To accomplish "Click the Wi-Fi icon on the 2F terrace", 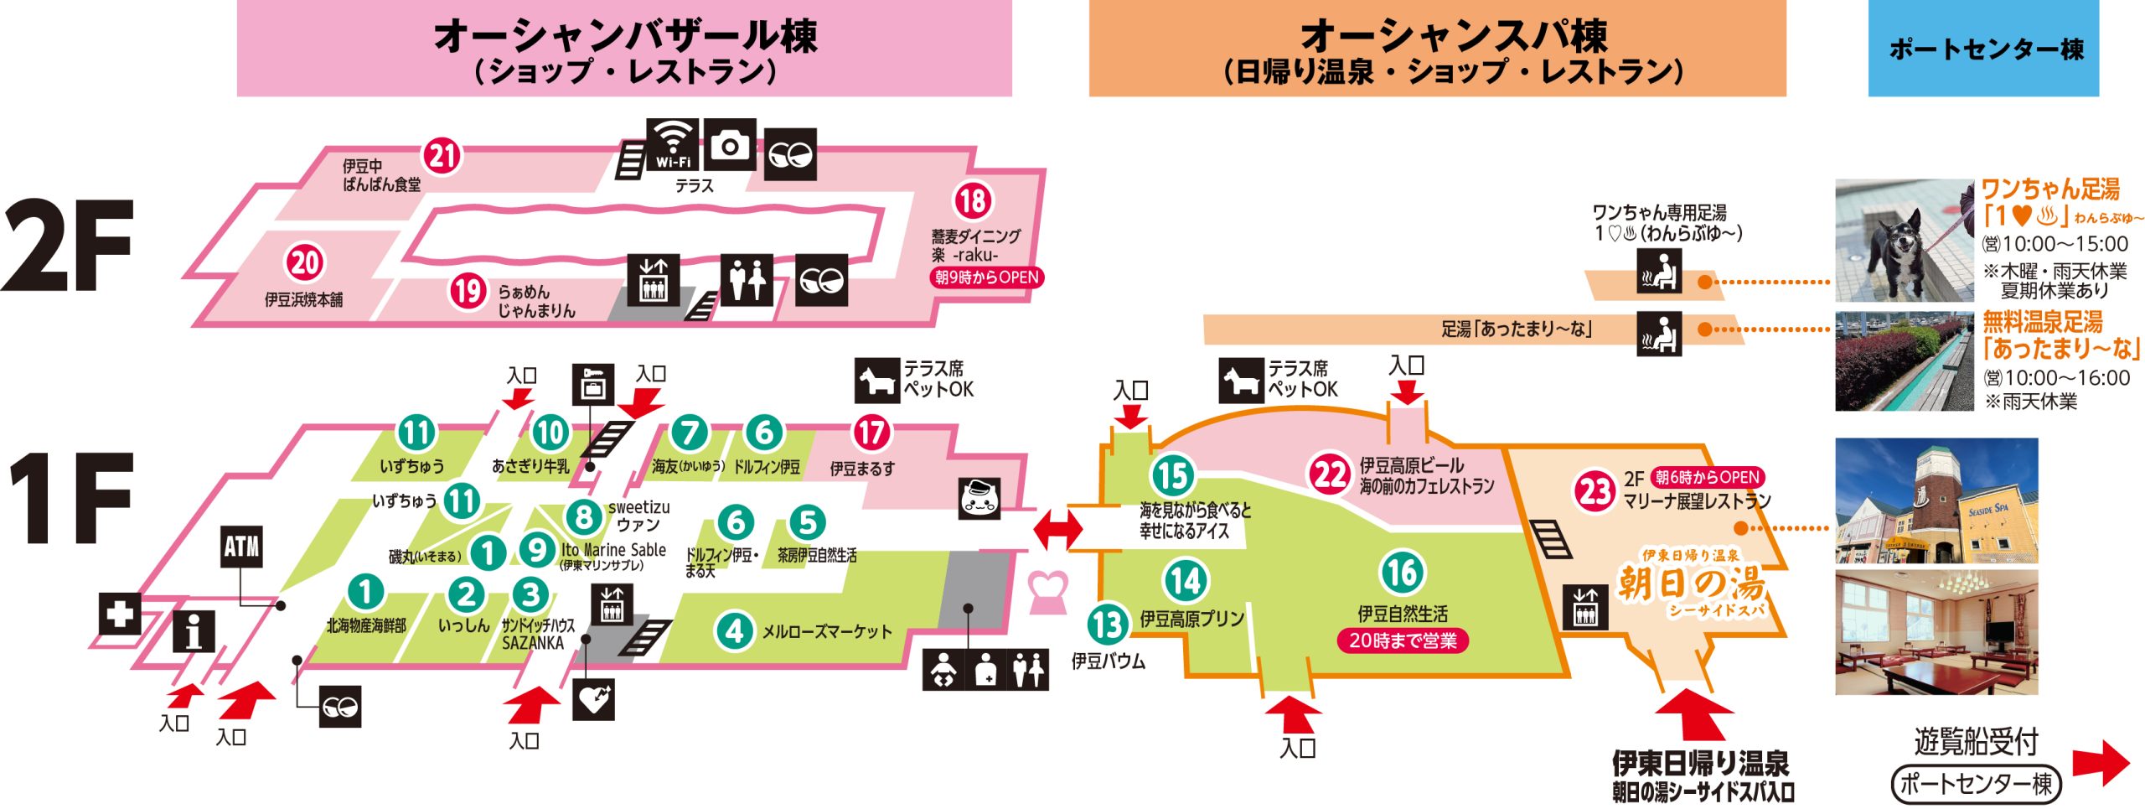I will [x=673, y=144].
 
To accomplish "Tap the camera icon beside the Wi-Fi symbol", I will [x=729, y=145].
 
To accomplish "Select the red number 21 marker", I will [x=442, y=155].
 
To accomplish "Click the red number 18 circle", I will [x=972, y=201].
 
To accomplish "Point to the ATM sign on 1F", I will [x=241, y=547].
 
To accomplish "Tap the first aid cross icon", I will [x=119, y=614].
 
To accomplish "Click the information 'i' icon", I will [x=194, y=630].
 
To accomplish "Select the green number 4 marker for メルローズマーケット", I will [x=735, y=630].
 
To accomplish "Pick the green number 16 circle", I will [x=1402, y=573].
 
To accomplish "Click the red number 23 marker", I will [x=1595, y=491].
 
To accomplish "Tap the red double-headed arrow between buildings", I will [x=1057, y=530].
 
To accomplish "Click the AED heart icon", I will [x=593, y=699].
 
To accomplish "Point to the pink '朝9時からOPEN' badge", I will [x=986, y=277].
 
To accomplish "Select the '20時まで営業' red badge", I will [x=1403, y=640].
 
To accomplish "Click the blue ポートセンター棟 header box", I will [x=1983, y=49].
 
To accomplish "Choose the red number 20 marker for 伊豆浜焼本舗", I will [x=304, y=262].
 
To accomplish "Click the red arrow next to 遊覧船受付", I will [x=2100, y=763].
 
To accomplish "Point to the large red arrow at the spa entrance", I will [x=1695, y=713].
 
